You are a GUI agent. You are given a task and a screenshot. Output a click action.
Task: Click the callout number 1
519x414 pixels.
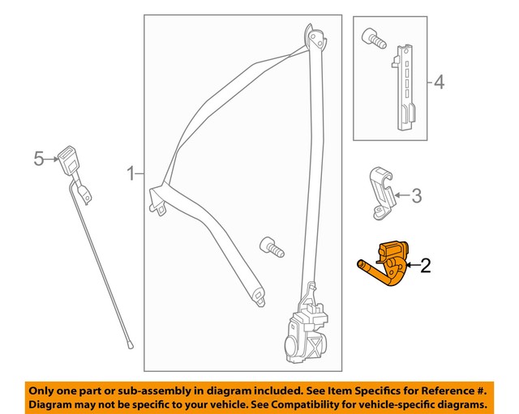coord(129,173)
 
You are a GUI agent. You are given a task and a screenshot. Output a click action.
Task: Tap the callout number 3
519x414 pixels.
coord(416,195)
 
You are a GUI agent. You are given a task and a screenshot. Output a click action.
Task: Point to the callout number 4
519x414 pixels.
coord(439,82)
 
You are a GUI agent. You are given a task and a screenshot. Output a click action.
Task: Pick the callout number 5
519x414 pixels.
coord(38,160)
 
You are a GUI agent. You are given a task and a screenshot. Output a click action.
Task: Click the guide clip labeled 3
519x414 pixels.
coord(381,191)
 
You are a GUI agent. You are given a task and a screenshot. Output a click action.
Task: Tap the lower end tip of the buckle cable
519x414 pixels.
coord(130,346)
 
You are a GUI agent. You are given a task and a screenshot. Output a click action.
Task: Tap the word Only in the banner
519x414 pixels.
coord(45,389)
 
